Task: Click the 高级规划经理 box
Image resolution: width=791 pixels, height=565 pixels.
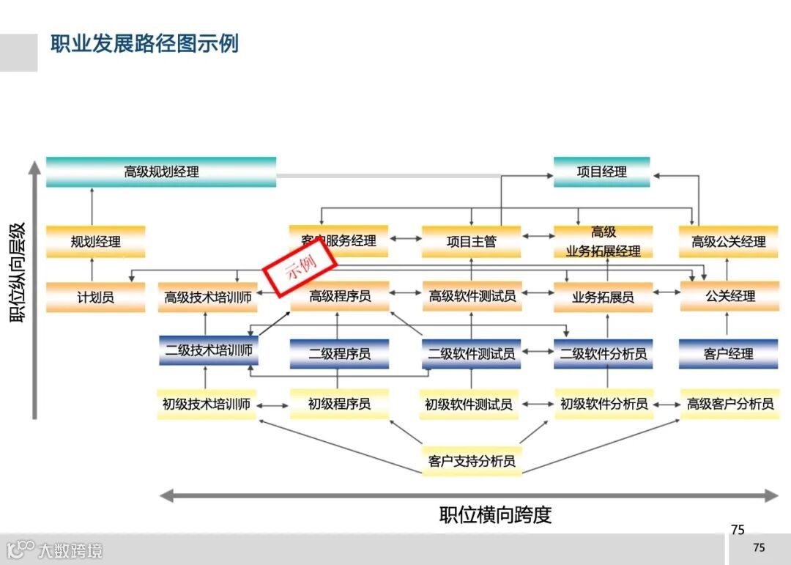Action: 161,172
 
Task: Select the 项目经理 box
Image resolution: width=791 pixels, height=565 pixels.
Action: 601,172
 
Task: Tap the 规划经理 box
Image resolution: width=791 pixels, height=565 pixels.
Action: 95,242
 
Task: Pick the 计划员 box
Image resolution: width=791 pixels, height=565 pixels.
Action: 95,298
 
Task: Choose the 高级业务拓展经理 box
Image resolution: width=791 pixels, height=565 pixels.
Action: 603,242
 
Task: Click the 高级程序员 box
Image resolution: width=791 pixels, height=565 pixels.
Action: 339,297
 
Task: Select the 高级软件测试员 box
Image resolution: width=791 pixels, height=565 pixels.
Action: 472,297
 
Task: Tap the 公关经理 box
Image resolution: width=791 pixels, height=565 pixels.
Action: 729,297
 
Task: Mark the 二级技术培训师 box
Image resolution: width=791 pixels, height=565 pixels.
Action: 209,351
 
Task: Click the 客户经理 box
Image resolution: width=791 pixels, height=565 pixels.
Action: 728,353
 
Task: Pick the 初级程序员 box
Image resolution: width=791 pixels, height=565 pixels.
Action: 338,404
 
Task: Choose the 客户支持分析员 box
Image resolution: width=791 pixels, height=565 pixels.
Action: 472,461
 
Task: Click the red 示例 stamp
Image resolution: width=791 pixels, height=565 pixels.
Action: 300,267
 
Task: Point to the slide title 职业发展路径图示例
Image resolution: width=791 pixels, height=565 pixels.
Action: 144,43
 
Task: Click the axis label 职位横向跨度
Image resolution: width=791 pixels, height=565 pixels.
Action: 495,514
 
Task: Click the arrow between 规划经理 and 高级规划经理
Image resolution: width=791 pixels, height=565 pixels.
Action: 92,206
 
